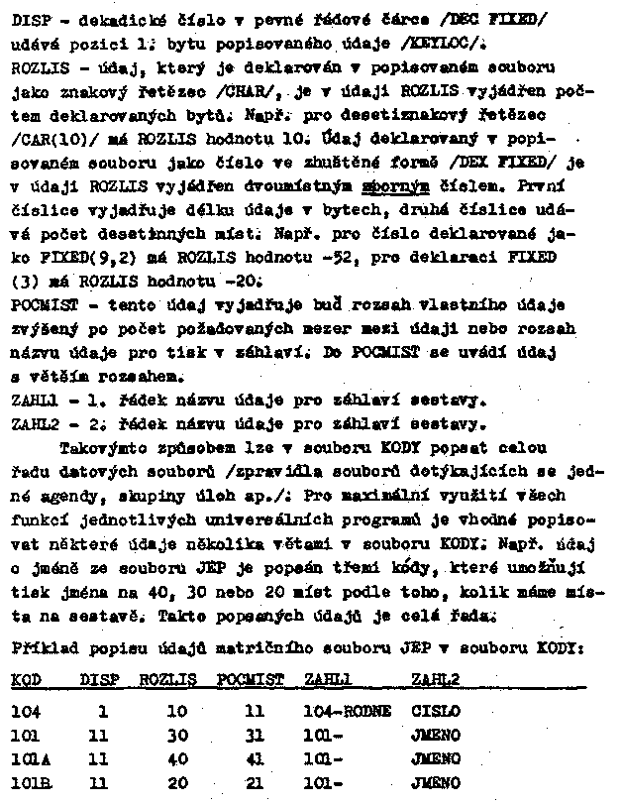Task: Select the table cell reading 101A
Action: point(29,760)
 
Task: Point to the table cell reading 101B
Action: point(30,783)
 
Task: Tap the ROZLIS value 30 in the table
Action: point(178,736)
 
